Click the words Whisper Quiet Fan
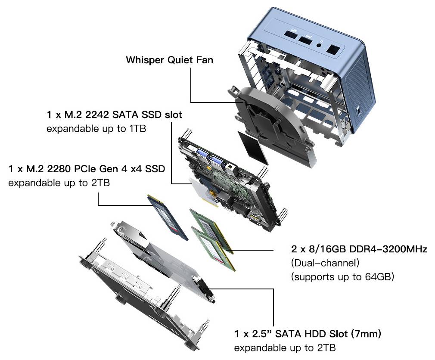click(x=169, y=60)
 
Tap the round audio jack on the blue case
click(x=320, y=43)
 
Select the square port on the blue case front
click(x=332, y=50)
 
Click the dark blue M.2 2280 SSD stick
click(x=168, y=217)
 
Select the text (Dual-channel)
click(x=325, y=263)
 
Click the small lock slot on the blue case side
click(x=360, y=110)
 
